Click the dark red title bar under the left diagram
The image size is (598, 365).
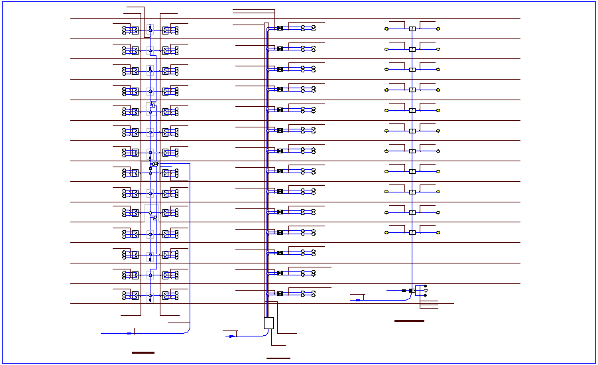(x=143, y=352)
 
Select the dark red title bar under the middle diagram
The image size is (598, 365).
(x=278, y=358)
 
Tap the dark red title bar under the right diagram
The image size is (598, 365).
(x=409, y=321)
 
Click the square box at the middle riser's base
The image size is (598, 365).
(x=269, y=323)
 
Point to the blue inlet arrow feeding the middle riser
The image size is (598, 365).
(x=231, y=336)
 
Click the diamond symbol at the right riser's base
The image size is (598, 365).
(x=426, y=291)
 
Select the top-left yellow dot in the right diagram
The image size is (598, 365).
(x=387, y=29)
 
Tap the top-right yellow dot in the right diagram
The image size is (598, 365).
(x=438, y=29)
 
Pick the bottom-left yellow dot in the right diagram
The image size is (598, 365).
(x=387, y=232)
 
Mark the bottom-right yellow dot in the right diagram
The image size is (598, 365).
(x=438, y=232)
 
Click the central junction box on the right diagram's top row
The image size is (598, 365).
(x=412, y=29)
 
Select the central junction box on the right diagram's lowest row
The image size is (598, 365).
(x=412, y=232)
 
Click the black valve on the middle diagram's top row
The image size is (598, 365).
(x=280, y=29)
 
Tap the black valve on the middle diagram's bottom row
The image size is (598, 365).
(x=280, y=293)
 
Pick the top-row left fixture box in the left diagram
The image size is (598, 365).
(x=134, y=30)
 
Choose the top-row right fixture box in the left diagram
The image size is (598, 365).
(x=166, y=30)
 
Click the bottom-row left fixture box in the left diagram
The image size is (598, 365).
(x=134, y=295)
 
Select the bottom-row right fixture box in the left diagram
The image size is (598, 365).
(x=166, y=295)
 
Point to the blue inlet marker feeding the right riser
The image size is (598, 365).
(x=359, y=300)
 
